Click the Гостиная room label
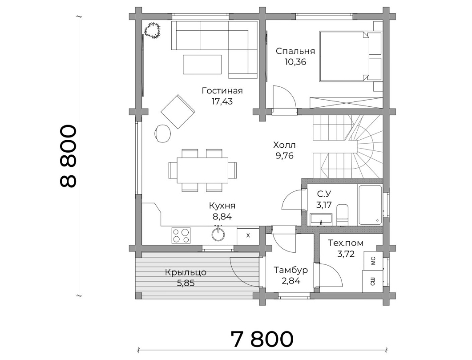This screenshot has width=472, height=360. (x=222, y=91)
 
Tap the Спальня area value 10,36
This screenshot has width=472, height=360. (x=295, y=62)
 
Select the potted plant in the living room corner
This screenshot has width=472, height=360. (x=153, y=30)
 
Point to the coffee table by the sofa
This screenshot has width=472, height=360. (x=202, y=64)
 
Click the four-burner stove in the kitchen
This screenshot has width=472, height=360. (x=181, y=235)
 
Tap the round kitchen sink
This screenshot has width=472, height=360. (x=218, y=234)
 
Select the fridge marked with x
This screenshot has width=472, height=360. (x=248, y=235)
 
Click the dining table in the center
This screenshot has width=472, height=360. (x=202, y=170)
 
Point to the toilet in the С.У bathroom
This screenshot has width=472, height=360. (x=342, y=214)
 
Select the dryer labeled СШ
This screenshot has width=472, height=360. (x=372, y=281)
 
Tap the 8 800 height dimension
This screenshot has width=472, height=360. (x=69, y=157)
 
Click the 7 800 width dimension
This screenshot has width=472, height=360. (x=262, y=339)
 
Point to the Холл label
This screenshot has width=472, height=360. (x=284, y=145)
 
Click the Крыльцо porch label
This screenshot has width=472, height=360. (x=186, y=273)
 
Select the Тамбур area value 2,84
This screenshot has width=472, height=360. (x=291, y=281)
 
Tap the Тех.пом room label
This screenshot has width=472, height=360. (x=346, y=243)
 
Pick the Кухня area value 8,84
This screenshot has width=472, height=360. (x=222, y=217)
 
